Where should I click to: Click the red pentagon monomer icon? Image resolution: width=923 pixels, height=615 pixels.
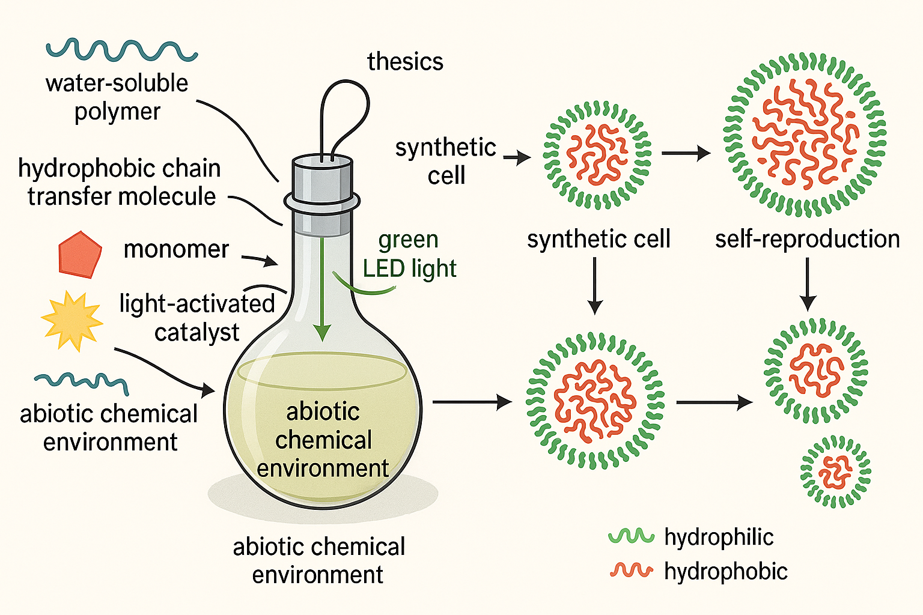79,255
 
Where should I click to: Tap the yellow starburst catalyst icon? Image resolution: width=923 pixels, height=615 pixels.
72,321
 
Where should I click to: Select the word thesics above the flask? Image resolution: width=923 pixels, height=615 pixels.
405,62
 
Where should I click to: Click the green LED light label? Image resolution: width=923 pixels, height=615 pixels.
410,254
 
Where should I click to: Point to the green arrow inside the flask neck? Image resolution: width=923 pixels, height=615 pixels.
323,288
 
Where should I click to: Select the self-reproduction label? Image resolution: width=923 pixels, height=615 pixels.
807,239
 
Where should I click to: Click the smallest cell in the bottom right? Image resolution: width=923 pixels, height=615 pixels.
835,472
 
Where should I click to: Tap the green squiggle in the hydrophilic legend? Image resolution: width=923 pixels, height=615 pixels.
630,536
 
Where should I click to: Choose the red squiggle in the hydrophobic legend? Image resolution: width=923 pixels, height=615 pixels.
630,571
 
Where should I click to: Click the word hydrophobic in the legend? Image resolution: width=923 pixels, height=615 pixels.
725,571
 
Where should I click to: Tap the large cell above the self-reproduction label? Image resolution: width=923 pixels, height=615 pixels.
805,135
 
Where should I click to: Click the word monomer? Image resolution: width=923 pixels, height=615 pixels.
176,249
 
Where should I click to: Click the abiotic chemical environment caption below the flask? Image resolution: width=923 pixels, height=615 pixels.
318,560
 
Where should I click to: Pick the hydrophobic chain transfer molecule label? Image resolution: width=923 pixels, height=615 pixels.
120,183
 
